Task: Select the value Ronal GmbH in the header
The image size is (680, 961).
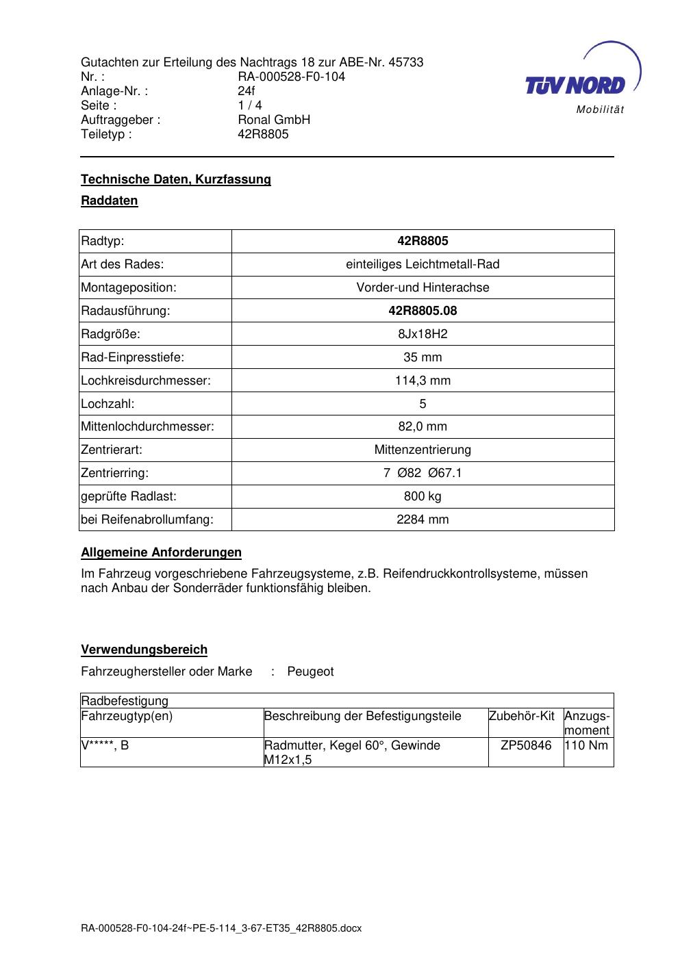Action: pyautogui.click(x=274, y=120)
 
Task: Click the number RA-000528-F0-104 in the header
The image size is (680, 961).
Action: pyautogui.click(x=291, y=77)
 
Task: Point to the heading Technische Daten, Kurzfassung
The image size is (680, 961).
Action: pyautogui.click(x=176, y=179)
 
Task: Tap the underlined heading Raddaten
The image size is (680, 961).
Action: pyautogui.click(x=110, y=201)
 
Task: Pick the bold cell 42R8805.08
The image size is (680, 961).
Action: pyautogui.click(x=423, y=311)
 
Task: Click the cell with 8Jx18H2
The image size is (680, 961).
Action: pyautogui.click(x=423, y=334)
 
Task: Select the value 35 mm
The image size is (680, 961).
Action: pyautogui.click(x=423, y=357)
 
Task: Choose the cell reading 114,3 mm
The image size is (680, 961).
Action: pyautogui.click(x=423, y=381)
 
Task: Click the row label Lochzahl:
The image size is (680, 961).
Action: pyautogui.click(x=108, y=404)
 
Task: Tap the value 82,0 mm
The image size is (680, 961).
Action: pyautogui.click(x=423, y=426)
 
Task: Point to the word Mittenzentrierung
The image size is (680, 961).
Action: pyautogui.click(x=423, y=450)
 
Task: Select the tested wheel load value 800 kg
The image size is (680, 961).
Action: pyautogui.click(x=423, y=496)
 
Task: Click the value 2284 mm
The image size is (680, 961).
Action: pyautogui.click(x=423, y=520)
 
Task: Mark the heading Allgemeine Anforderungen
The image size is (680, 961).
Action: pyautogui.click(x=161, y=552)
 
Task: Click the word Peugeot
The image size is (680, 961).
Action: pyautogui.click(x=310, y=671)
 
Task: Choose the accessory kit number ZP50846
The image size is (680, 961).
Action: pyautogui.click(x=526, y=745)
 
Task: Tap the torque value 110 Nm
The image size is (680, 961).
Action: pyautogui.click(x=586, y=745)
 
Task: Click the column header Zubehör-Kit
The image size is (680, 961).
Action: pyautogui.click(x=522, y=716)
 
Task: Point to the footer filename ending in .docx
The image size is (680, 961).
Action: pyautogui.click(x=221, y=928)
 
